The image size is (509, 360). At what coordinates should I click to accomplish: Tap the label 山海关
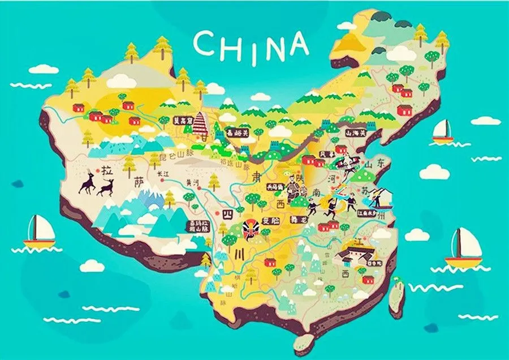point(356,132)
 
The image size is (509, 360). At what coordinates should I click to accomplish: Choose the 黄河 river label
point(192,183)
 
